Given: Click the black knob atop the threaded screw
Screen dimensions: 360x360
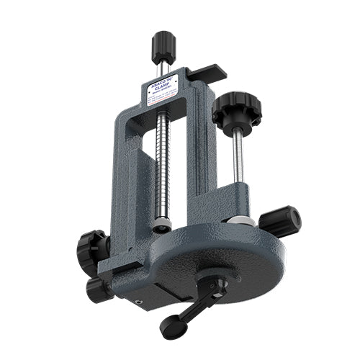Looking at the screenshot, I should (163, 47).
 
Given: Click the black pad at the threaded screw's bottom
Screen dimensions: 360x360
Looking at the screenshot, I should (163, 226).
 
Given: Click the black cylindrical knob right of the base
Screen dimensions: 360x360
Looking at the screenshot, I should (280, 220).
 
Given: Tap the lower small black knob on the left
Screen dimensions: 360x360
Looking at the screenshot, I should (96, 289).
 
